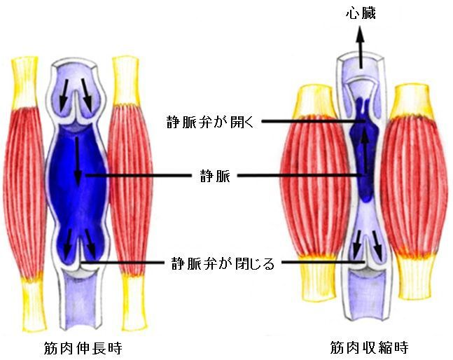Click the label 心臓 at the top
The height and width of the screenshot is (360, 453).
click(361, 14)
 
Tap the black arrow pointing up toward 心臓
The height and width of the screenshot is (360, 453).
click(360, 47)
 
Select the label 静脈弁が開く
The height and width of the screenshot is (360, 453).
click(210, 122)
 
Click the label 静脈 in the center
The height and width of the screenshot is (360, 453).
click(215, 176)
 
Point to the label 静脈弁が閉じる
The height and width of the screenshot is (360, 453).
click(223, 263)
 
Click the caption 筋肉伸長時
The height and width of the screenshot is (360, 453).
click(83, 348)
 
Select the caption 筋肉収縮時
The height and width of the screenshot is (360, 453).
click(369, 347)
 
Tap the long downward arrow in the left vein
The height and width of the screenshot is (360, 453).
click(78, 161)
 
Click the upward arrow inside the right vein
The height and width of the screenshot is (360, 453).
click(365, 151)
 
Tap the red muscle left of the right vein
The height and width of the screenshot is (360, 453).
click(316, 185)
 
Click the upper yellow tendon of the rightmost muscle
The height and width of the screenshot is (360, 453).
click(412, 101)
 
